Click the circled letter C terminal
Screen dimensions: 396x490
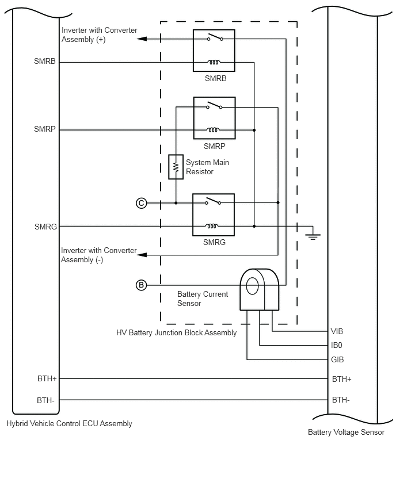142,203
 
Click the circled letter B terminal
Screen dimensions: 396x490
142,285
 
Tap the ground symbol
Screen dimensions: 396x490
313,236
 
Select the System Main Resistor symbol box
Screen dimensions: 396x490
176,167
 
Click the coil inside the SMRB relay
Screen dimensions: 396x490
214,62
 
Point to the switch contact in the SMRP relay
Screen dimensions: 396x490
214,105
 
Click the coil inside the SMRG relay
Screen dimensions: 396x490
212,226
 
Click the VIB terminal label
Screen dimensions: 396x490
337,331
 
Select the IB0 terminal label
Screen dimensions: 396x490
337,345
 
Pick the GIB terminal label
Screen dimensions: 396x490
337,359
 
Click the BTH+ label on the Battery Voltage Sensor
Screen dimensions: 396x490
341,379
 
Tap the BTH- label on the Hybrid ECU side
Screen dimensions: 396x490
45,400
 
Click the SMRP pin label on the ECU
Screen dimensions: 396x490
45,129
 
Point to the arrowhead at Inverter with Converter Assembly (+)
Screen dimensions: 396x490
142,39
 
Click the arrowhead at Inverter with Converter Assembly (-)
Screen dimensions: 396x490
142,255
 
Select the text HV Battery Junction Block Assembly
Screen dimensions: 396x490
177,333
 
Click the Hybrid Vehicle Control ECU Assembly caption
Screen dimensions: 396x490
69,424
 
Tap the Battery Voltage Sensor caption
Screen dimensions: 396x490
346,432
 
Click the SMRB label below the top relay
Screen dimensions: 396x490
215,78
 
